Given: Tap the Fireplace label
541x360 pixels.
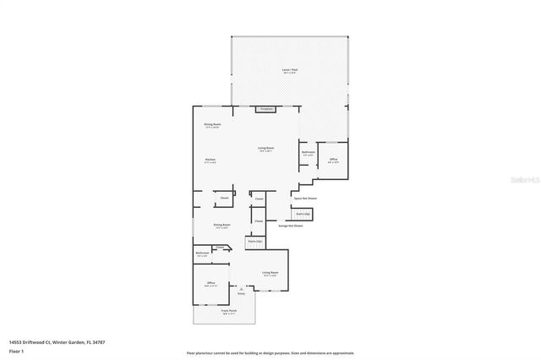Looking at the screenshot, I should point(265,109).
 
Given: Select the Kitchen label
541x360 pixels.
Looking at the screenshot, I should point(210,160).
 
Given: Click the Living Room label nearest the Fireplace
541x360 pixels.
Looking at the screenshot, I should point(265,149).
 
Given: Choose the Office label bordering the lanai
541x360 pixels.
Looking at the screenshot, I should point(333,161).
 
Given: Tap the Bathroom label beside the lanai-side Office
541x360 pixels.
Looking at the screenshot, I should point(308,154).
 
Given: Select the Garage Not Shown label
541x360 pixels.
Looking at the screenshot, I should point(291,226).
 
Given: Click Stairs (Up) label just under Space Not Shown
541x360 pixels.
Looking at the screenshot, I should point(302,215).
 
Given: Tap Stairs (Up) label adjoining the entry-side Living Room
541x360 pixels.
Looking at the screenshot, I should point(254,242).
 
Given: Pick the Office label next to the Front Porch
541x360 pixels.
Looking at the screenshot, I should point(210,284).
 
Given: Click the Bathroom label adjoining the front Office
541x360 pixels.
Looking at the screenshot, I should point(203,254).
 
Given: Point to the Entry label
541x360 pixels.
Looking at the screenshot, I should point(241,293).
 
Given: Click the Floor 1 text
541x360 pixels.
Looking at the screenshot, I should point(17,350).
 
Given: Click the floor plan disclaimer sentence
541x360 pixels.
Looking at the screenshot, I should point(270,352).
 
